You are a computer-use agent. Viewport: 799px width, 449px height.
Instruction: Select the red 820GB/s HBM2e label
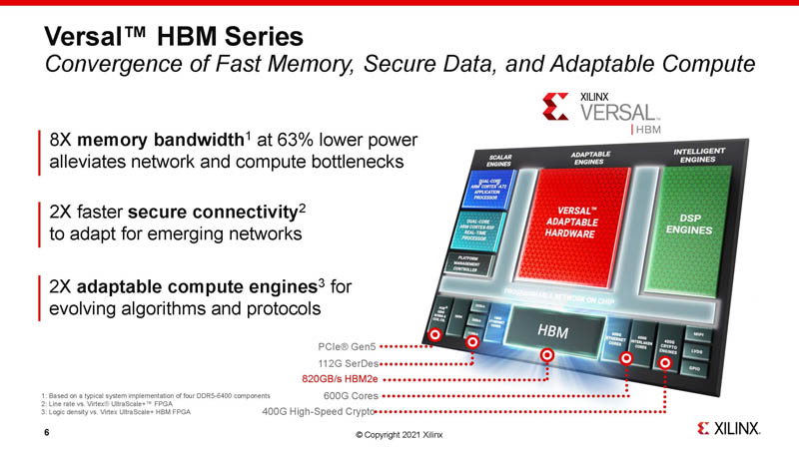tap(340, 379)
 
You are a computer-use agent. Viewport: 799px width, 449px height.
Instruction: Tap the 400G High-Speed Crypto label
tap(317, 411)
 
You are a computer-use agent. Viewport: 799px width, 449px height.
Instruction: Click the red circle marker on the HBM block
tap(546, 355)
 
